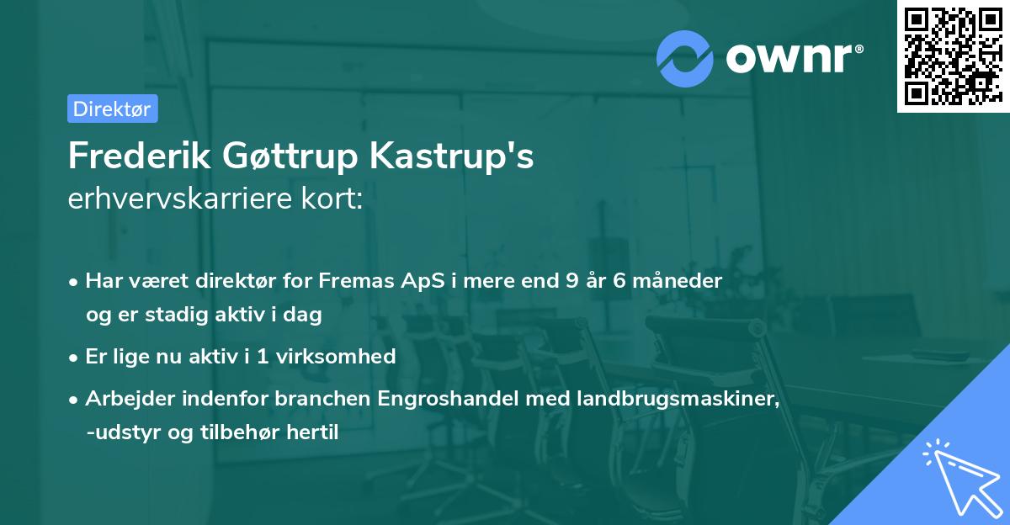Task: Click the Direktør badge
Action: (x=112, y=109)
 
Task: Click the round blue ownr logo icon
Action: (x=685, y=57)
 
